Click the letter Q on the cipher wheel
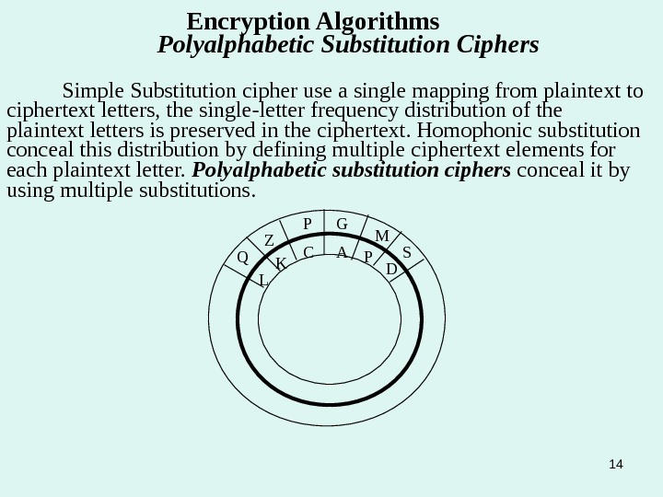243,258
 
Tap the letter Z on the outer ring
270,241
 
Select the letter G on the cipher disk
341,225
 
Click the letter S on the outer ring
407,250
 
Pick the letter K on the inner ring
282,264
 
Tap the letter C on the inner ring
308,251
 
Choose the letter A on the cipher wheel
341,251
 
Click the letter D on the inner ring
391,269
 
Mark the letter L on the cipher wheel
262,279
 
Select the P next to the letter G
308,225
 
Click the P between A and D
367,258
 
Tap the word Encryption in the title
243,20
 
